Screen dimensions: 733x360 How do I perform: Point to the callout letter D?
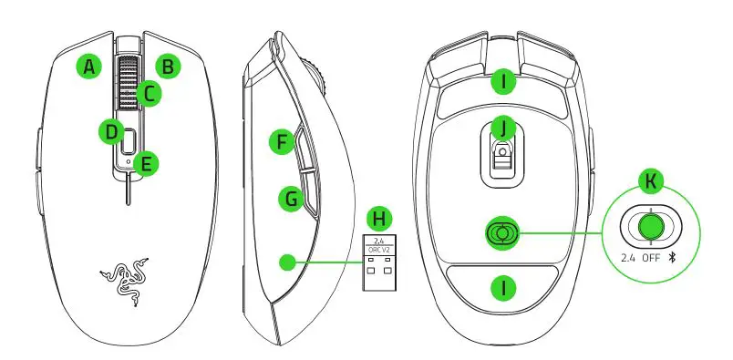pyautogui.click(x=110, y=132)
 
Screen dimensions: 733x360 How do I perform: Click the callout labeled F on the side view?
pyautogui.click(x=284, y=142)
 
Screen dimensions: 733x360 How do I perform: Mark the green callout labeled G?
pyautogui.click(x=290, y=197)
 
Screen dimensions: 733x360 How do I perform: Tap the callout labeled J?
pyautogui.click(x=501, y=128)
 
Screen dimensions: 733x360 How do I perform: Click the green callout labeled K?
pyautogui.click(x=649, y=181)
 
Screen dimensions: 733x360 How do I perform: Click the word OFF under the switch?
pyautogui.click(x=649, y=258)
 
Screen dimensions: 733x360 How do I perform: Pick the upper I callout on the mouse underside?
pyautogui.click(x=501, y=84)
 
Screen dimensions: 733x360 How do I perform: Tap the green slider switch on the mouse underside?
pyautogui.click(x=500, y=234)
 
